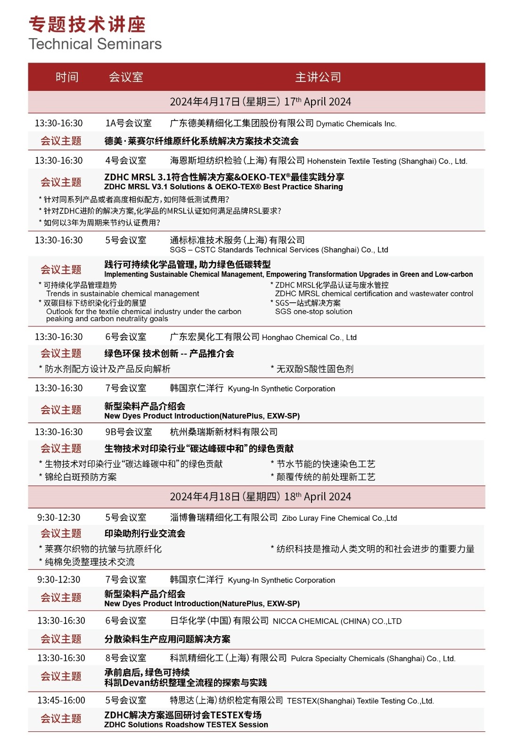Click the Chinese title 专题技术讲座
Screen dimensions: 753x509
pos(87,24)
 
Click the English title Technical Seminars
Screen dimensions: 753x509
pos(95,44)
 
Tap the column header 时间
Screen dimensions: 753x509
pos(67,77)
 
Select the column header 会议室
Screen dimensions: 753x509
pos(126,77)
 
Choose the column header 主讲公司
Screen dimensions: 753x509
pos(318,77)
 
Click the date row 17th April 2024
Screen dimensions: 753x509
pos(261,102)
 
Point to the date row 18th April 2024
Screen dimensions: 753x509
pos(261,497)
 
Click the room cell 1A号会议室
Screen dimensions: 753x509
pos(128,123)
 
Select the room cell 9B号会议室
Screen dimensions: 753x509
pos(128,432)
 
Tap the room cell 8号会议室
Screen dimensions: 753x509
pos(125,658)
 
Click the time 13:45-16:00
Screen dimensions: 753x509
pos(61,700)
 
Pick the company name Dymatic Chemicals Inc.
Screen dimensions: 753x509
pos(356,124)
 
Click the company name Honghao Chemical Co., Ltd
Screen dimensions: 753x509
pos(309,337)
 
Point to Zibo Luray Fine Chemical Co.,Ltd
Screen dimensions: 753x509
pos(339,518)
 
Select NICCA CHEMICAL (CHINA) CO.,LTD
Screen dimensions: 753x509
pos(337,621)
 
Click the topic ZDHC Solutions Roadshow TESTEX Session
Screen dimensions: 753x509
pos(186,725)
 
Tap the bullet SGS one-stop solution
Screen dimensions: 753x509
pos(313,312)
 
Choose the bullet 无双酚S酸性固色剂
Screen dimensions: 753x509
pos(314,369)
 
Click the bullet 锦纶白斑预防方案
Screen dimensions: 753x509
pos(81,477)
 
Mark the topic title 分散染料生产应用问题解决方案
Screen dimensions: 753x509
pos(167,639)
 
